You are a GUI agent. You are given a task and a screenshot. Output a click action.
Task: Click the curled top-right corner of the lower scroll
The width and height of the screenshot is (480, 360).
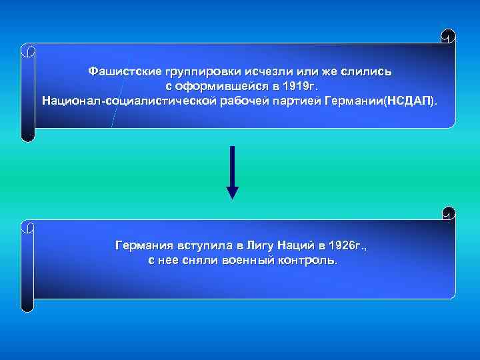pos(448,213)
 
